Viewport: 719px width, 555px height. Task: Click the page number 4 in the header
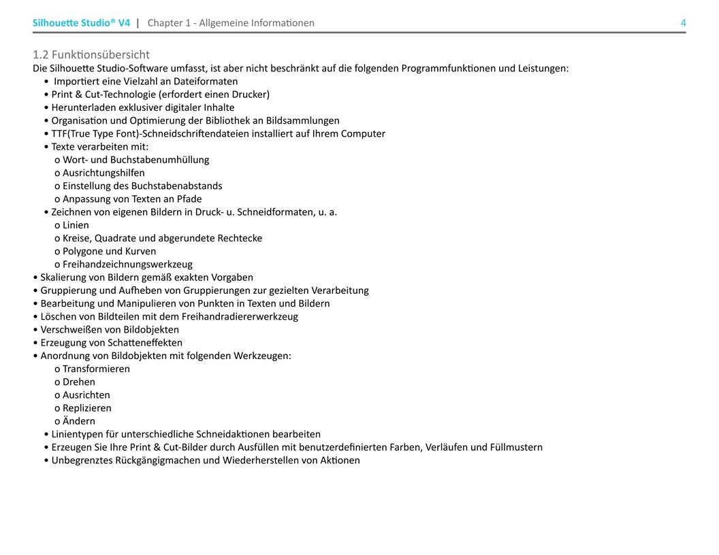pyautogui.click(x=683, y=23)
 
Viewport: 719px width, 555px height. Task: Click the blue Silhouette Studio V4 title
pyautogui.click(x=81, y=23)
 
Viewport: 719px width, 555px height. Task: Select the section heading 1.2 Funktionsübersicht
pyautogui.click(x=91, y=54)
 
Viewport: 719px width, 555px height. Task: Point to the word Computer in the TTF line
pyautogui.click(x=363, y=134)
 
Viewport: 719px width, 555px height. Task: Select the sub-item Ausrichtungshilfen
pyautogui.click(x=103, y=173)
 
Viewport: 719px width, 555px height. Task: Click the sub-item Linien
pyautogui.click(x=76, y=225)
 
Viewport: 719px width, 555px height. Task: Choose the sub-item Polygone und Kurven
pyautogui.click(x=109, y=251)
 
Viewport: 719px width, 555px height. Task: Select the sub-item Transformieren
pyautogui.click(x=96, y=369)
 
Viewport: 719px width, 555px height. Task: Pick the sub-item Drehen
pyautogui.click(x=79, y=382)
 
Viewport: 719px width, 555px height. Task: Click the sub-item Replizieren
pyautogui.click(x=87, y=408)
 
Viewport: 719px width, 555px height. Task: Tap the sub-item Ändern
pyautogui.click(x=79, y=421)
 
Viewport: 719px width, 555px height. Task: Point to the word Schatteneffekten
pyautogui.click(x=145, y=343)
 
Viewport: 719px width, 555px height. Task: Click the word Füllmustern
pyautogui.click(x=516, y=448)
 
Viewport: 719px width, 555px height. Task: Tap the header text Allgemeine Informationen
pyautogui.click(x=257, y=23)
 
